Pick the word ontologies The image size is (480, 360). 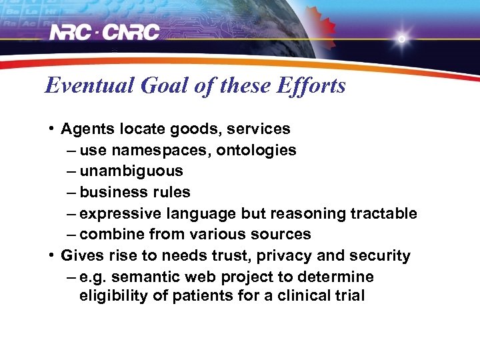pos(256,150)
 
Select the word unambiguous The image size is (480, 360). pos(131,171)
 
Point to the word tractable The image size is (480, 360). pos(383,214)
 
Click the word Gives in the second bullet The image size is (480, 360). pos(81,256)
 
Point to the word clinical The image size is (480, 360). pos(304,295)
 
